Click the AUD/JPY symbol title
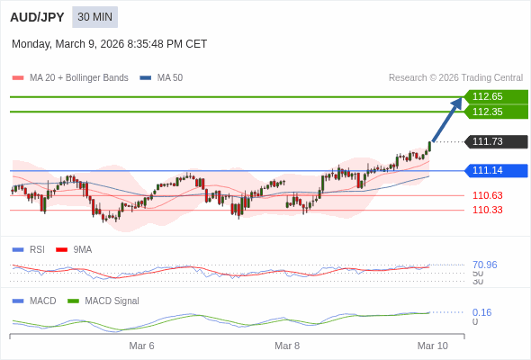point(37,16)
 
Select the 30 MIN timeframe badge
point(94,16)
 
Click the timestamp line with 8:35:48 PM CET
point(109,43)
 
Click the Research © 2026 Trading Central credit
point(455,77)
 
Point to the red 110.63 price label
point(487,195)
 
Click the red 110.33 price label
point(487,210)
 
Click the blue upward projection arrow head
point(456,103)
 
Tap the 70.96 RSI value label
point(484,265)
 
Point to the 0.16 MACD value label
point(481,312)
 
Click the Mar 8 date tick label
point(287,346)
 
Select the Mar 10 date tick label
point(432,346)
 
